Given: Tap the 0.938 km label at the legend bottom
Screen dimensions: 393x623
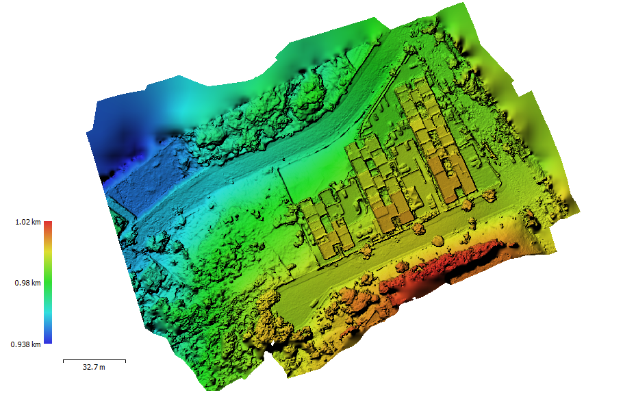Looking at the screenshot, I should pyautogui.click(x=25, y=344).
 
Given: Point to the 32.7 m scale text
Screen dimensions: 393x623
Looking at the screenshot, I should pyautogui.click(x=94, y=368).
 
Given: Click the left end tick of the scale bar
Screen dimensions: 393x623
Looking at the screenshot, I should pyautogui.click(x=63, y=359).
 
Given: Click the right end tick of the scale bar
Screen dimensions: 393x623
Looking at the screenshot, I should pyautogui.click(x=125, y=359).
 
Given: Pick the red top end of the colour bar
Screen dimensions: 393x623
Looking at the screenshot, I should pyautogui.click(x=48, y=225).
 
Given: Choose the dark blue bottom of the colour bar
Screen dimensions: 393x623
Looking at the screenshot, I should pyautogui.click(x=48, y=340).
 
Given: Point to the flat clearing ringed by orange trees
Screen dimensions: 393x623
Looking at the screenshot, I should pyautogui.click(x=308, y=301).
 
